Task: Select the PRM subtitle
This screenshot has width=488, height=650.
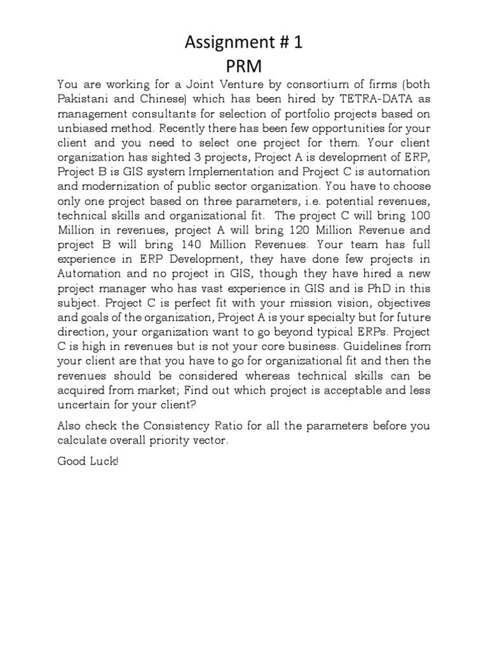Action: (245, 65)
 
